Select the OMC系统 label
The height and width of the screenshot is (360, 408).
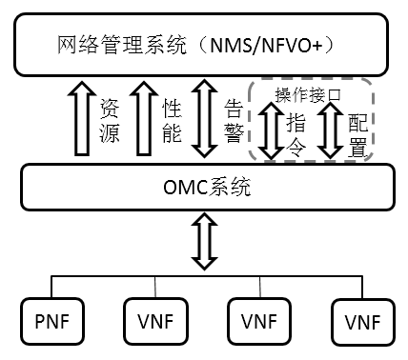[x=203, y=187]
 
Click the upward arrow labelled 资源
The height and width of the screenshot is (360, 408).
[x=83, y=118]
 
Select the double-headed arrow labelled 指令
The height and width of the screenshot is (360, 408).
[x=272, y=131]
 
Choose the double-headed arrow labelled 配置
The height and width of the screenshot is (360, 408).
[x=330, y=131]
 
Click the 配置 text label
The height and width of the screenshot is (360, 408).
[x=356, y=134]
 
